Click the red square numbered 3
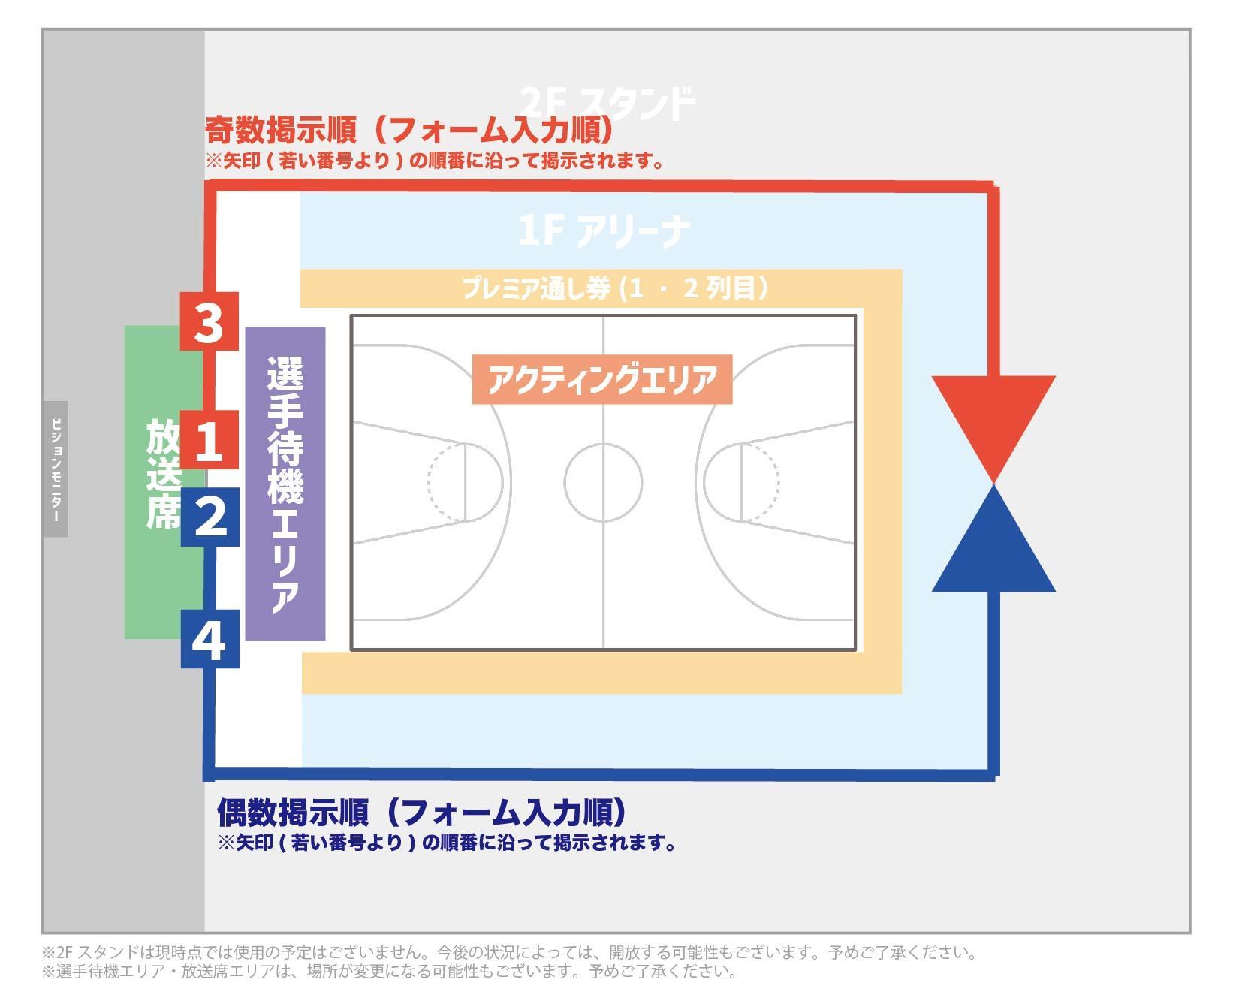pyautogui.click(x=209, y=321)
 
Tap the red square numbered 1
pyautogui.click(x=209, y=439)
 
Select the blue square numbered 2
pyautogui.click(x=210, y=517)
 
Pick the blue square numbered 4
pyautogui.click(x=210, y=638)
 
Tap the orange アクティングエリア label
pyautogui.click(x=602, y=379)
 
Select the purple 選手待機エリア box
pyautogui.click(x=285, y=484)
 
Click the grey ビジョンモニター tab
pyautogui.click(x=56, y=469)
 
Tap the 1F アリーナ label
pyautogui.click(x=604, y=231)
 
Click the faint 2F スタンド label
pyautogui.click(x=607, y=104)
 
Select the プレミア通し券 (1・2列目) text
pyautogui.click(x=616, y=288)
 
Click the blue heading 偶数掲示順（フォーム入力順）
pyautogui.click(x=421, y=812)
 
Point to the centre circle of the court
pyautogui.click(x=603, y=482)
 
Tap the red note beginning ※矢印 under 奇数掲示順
pyautogui.click(x=436, y=161)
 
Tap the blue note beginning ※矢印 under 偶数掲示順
pyautogui.click(x=448, y=843)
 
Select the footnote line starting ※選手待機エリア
pyautogui.click(x=390, y=972)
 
